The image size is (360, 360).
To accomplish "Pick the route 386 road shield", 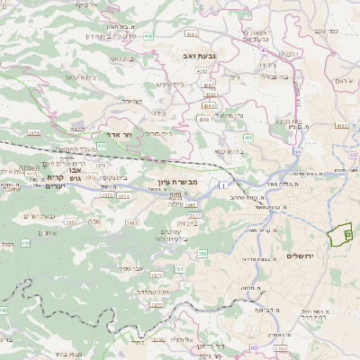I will tap(202, 256).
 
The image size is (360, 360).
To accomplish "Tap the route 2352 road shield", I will tap(71, 220).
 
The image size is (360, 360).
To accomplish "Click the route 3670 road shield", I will tap(34, 132).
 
